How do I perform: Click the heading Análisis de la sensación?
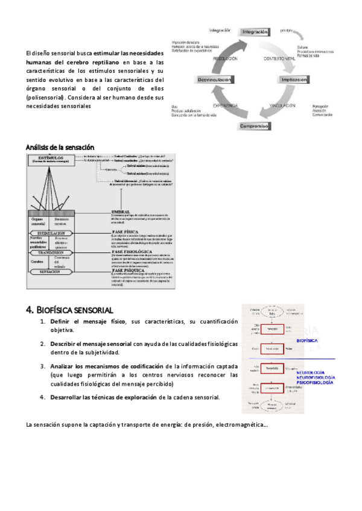tap(60, 147)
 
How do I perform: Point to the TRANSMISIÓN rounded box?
tap(50, 252)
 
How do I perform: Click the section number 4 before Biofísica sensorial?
tap(30, 310)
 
